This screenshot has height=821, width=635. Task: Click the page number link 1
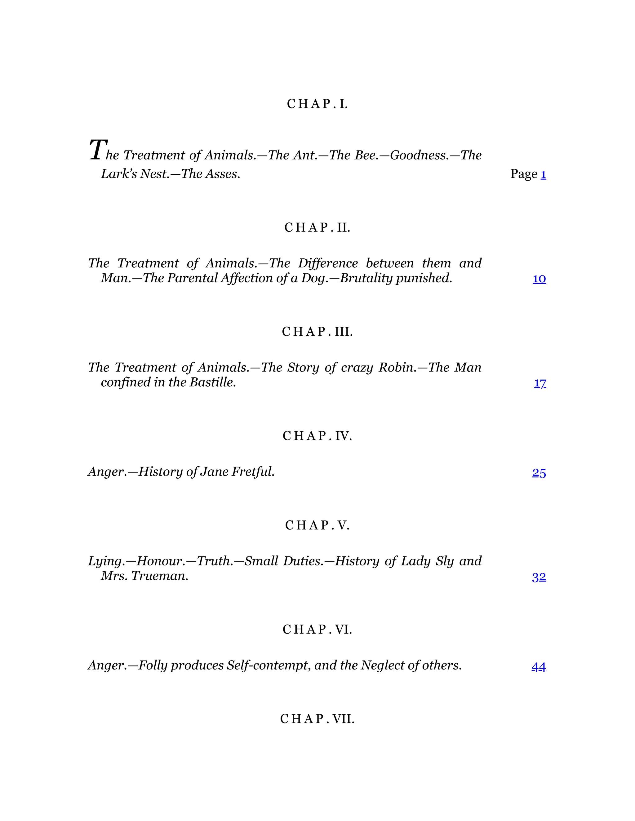click(543, 174)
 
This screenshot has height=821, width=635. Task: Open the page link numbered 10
click(539, 279)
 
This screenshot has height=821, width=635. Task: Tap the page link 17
click(540, 383)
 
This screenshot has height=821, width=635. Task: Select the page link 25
click(539, 473)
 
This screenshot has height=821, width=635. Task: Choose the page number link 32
click(539, 577)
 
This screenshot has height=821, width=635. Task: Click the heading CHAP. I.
click(317, 104)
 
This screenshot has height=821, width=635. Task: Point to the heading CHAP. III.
click(317, 331)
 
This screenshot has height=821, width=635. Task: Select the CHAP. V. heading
click(317, 525)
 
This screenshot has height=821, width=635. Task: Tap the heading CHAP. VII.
click(317, 719)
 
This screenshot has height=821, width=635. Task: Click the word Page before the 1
click(524, 174)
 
